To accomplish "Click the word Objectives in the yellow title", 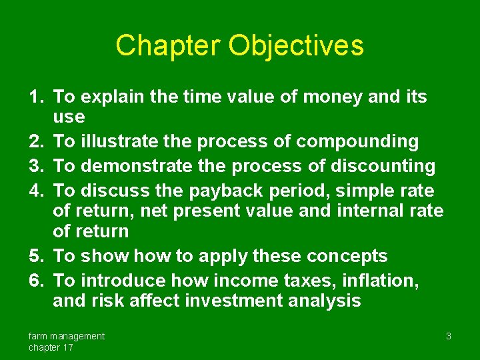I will click(x=296, y=46).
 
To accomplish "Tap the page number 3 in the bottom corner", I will click(x=449, y=336).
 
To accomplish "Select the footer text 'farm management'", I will click(x=66, y=336).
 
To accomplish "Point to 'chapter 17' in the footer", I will click(x=51, y=347).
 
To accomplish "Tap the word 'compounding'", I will click(x=357, y=142).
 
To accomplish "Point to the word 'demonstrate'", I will click(x=127, y=166).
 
